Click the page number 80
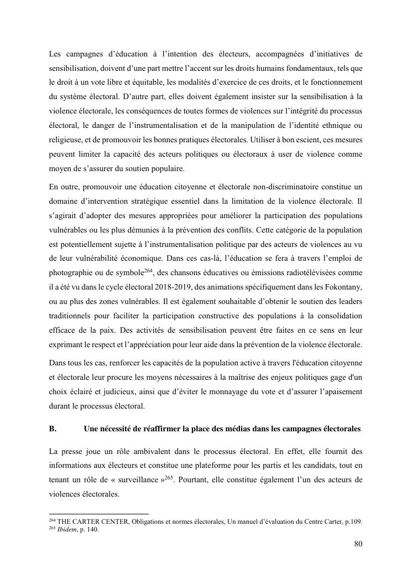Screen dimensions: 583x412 coord(358,544)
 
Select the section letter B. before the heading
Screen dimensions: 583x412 coord(53,429)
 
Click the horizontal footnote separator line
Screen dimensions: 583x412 coord(99,514)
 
